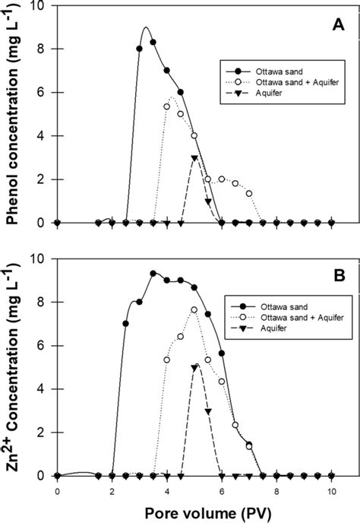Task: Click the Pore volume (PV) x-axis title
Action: [194, 513]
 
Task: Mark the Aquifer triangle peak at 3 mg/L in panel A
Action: [194, 158]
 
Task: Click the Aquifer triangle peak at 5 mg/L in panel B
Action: [194, 368]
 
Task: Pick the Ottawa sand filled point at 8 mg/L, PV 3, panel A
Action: [140, 49]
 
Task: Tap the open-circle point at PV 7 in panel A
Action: [249, 193]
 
